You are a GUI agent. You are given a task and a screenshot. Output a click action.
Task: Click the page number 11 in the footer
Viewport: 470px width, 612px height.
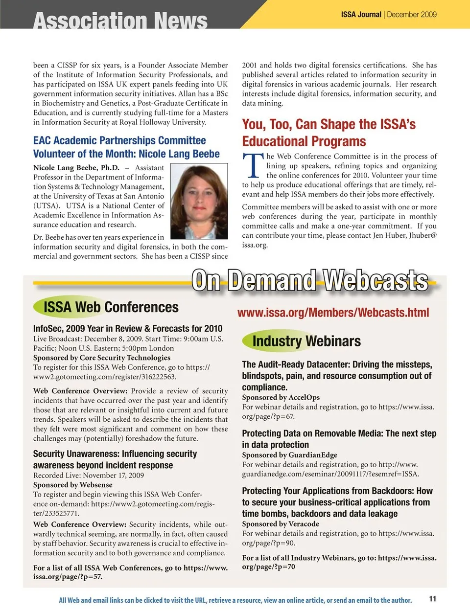point(433,599)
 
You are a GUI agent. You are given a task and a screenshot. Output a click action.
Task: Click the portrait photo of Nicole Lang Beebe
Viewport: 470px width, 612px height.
point(200,201)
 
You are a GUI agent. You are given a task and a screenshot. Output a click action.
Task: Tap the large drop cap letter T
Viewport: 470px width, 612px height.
point(253,166)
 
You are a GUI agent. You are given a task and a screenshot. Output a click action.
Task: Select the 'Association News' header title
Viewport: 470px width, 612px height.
point(120,21)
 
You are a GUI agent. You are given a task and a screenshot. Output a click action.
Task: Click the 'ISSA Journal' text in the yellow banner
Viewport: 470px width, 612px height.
point(361,15)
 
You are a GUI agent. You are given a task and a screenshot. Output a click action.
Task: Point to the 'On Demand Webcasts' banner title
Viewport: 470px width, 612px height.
point(309,281)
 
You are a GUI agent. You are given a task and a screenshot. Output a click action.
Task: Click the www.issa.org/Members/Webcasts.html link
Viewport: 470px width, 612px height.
point(333,313)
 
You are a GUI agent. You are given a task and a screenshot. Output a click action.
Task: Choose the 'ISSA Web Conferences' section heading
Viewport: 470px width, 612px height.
point(111,307)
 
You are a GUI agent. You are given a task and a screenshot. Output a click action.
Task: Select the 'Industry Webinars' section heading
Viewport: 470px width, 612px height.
point(306,341)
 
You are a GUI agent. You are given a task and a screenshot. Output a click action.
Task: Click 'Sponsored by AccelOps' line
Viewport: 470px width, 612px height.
point(281,397)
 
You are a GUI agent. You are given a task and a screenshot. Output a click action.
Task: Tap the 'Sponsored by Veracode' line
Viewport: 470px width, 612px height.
point(281,523)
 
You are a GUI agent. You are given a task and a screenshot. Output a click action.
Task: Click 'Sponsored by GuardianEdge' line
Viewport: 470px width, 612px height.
point(289,455)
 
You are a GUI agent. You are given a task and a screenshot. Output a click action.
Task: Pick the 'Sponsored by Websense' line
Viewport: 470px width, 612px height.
point(73,485)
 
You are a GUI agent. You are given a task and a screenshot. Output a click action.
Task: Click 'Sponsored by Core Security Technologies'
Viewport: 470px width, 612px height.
point(102,358)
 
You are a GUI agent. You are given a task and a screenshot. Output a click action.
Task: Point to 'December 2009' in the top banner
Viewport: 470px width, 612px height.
point(412,15)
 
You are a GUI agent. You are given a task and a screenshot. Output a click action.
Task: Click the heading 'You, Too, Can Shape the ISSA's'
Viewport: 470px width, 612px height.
point(329,125)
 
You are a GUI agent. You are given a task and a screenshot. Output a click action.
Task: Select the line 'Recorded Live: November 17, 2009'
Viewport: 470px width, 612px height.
point(89,475)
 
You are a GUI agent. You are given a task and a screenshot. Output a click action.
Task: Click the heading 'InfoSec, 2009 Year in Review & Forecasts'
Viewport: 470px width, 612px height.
point(128,328)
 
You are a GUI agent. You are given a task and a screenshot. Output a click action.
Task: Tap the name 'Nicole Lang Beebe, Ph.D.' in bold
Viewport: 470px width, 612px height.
point(76,168)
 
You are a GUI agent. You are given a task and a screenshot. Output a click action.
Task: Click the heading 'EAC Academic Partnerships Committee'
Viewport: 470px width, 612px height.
point(119,141)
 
